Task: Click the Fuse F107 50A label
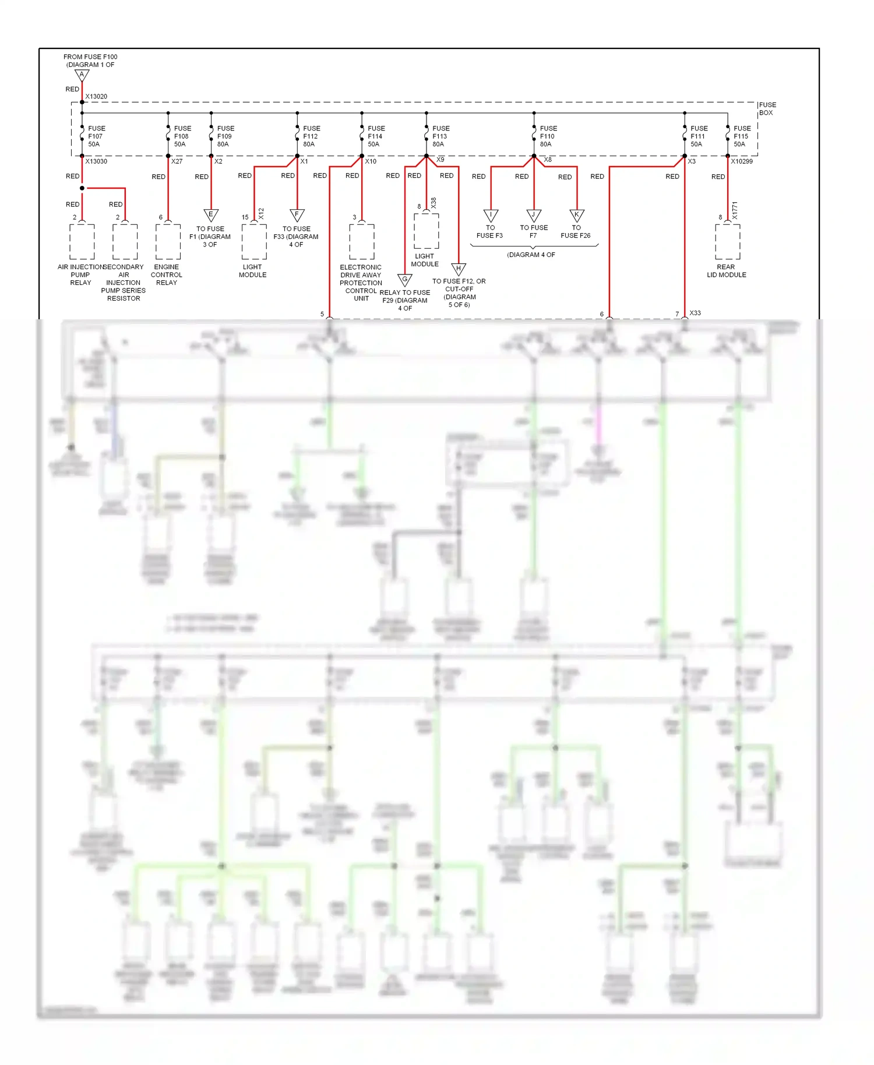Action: [x=96, y=136]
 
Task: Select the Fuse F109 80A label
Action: [x=225, y=136]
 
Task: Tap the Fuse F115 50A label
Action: [x=741, y=136]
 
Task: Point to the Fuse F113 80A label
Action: [x=440, y=136]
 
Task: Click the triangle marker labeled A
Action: [x=82, y=76]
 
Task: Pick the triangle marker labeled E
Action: [x=211, y=215]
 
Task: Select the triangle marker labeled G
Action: [x=405, y=280]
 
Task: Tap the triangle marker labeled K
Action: [x=577, y=215]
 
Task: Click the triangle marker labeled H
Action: [x=459, y=269]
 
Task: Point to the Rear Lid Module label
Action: [x=726, y=271]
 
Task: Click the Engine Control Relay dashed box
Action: [x=168, y=242]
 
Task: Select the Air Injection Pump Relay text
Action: [x=80, y=274]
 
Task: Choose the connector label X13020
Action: [x=96, y=97]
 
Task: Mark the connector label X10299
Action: [x=742, y=161]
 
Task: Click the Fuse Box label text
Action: [x=767, y=109]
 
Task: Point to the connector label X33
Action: [x=695, y=313]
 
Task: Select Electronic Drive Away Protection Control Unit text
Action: [x=361, y=283]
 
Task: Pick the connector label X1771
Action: [x=735, y=210]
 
